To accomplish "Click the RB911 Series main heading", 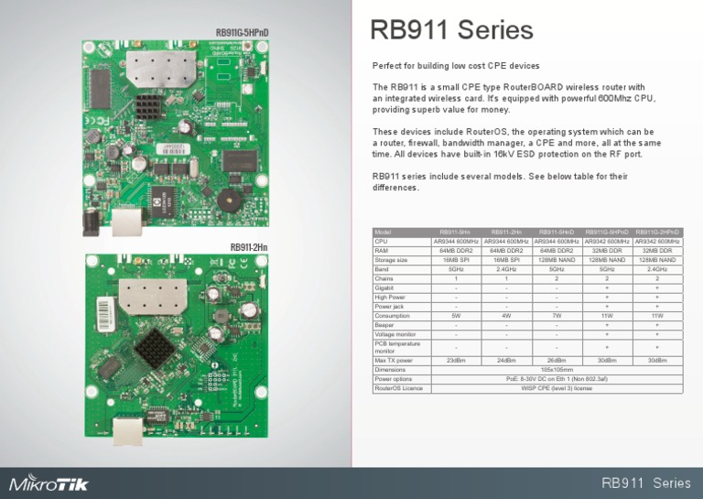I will point(451,31).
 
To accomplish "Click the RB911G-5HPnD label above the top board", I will point(243,33).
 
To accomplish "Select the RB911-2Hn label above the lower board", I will point(249,247).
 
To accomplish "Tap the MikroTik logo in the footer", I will point(49,483).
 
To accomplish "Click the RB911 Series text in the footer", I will point(645,483).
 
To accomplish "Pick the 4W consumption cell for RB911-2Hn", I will point(506,316).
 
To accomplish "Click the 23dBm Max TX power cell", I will point(456,361).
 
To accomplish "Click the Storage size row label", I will point(392,260).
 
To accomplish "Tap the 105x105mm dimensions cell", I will point(557,370).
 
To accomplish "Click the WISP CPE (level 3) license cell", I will point(557,388).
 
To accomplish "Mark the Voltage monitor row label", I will point(395,334).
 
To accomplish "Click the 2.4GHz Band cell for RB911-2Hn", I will point(506,269).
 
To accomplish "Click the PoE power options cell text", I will point(557,379).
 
